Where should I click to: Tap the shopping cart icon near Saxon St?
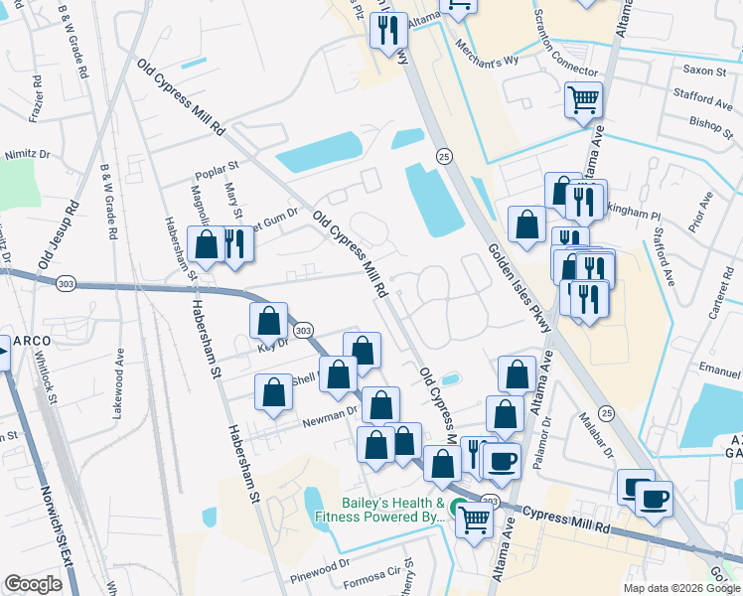tap(583, 99)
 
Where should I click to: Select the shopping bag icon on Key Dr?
tap(268, 321)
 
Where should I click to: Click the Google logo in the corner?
tap(33, 584)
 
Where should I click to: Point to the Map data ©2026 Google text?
tap(680, 588)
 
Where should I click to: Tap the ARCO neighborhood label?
tap(32, 341)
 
